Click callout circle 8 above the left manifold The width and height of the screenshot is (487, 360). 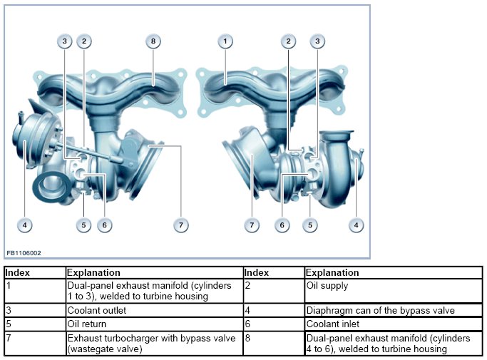click(x=153, y=41)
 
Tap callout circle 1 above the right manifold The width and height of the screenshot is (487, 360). click(x=225, y=41)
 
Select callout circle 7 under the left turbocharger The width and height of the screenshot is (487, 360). click(x=181, y=225)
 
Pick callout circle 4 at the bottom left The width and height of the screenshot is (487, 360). click(x=25, y=225)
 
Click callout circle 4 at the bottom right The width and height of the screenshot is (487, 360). click(x=355, y=225)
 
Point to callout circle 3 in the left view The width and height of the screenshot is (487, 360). click(x=65, y=41)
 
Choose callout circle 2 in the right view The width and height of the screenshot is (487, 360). click(x=289, y=41)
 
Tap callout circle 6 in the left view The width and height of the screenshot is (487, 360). click(x=104, y=225)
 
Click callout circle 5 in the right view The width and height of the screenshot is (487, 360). click(x=310, y=225)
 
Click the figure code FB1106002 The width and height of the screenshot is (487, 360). click(x=24, y=252)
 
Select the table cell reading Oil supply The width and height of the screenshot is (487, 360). click(x=327, y=286)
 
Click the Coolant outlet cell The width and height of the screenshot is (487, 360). click(x=96, y=310)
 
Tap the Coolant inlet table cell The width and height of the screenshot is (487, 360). click(x=332, y=323)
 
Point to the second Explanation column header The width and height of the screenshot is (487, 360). click(x=332, y=272)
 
